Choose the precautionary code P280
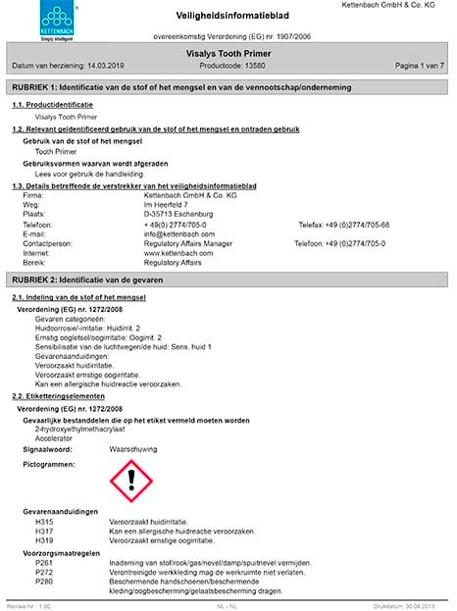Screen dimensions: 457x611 click(x=43, y=583)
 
